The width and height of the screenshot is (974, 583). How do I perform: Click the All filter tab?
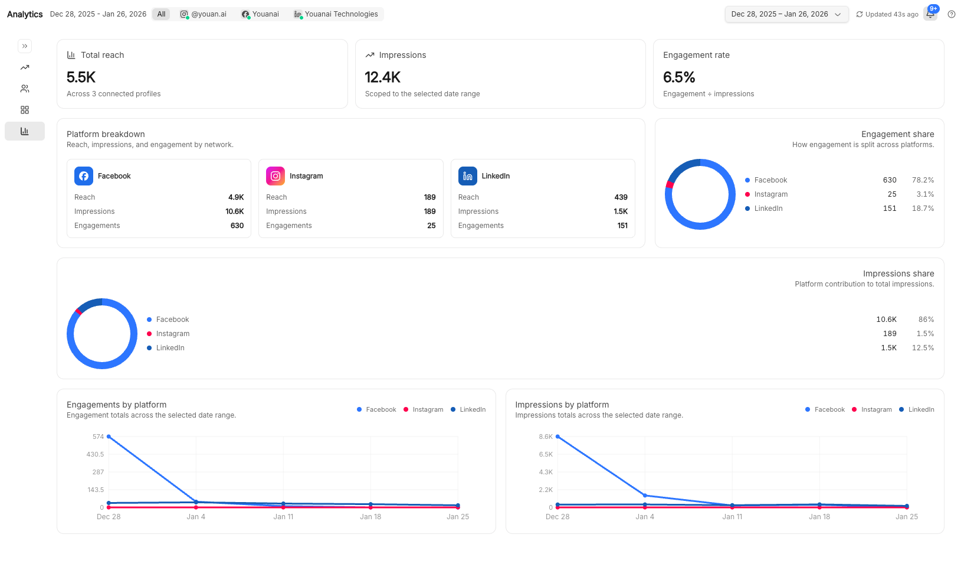pyautogui.click(x=161, y=14)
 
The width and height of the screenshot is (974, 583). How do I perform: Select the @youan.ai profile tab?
pyautogui.click(x=204, y=14)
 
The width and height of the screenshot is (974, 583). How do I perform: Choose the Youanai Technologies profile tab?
pyautogui.click(x=336, y=14)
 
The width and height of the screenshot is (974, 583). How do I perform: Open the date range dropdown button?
pyautogui.click(x=786, y=14)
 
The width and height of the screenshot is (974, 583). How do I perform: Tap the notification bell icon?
pyautogui.click(x=930, y=14)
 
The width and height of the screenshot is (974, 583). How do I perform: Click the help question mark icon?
pyautogui.click(x=952, y=14)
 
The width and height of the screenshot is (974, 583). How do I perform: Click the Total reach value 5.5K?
pyautogui.click(x=81, y=77)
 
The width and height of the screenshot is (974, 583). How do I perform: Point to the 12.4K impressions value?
pyautogui.click(x=383, y=77)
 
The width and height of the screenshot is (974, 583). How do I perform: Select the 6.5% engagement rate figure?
pyautogui.click(x=679, y=77)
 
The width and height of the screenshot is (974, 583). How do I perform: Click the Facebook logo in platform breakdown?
pyautogui.click(x=84, y=176)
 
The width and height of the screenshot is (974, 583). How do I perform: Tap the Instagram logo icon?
pyautogui.click(x=276, y=176)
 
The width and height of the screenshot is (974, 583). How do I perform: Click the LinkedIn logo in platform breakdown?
pyautogui.click(x=468, y=176)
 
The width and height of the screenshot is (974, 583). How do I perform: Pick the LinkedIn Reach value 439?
pyautogui.click(x=621, y=197)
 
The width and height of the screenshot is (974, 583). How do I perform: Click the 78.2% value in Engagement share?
pyautogui.click(x=923, y=180)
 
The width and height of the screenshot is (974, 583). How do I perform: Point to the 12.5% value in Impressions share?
pyautogui.click(x=923, y=348)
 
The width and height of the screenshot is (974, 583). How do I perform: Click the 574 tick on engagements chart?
pyautogui.click(x=98, y=437)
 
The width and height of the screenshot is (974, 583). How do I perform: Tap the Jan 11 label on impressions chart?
pyautogui.click(x=732, y=517)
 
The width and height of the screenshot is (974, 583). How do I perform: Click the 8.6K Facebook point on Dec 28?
pyautogui.click(x=557, y=437)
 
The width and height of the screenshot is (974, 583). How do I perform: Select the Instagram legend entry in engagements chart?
pyautogui.click(x=424, y=409)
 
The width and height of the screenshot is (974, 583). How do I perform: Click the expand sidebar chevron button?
pyautogui.click(x=25, y=46)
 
